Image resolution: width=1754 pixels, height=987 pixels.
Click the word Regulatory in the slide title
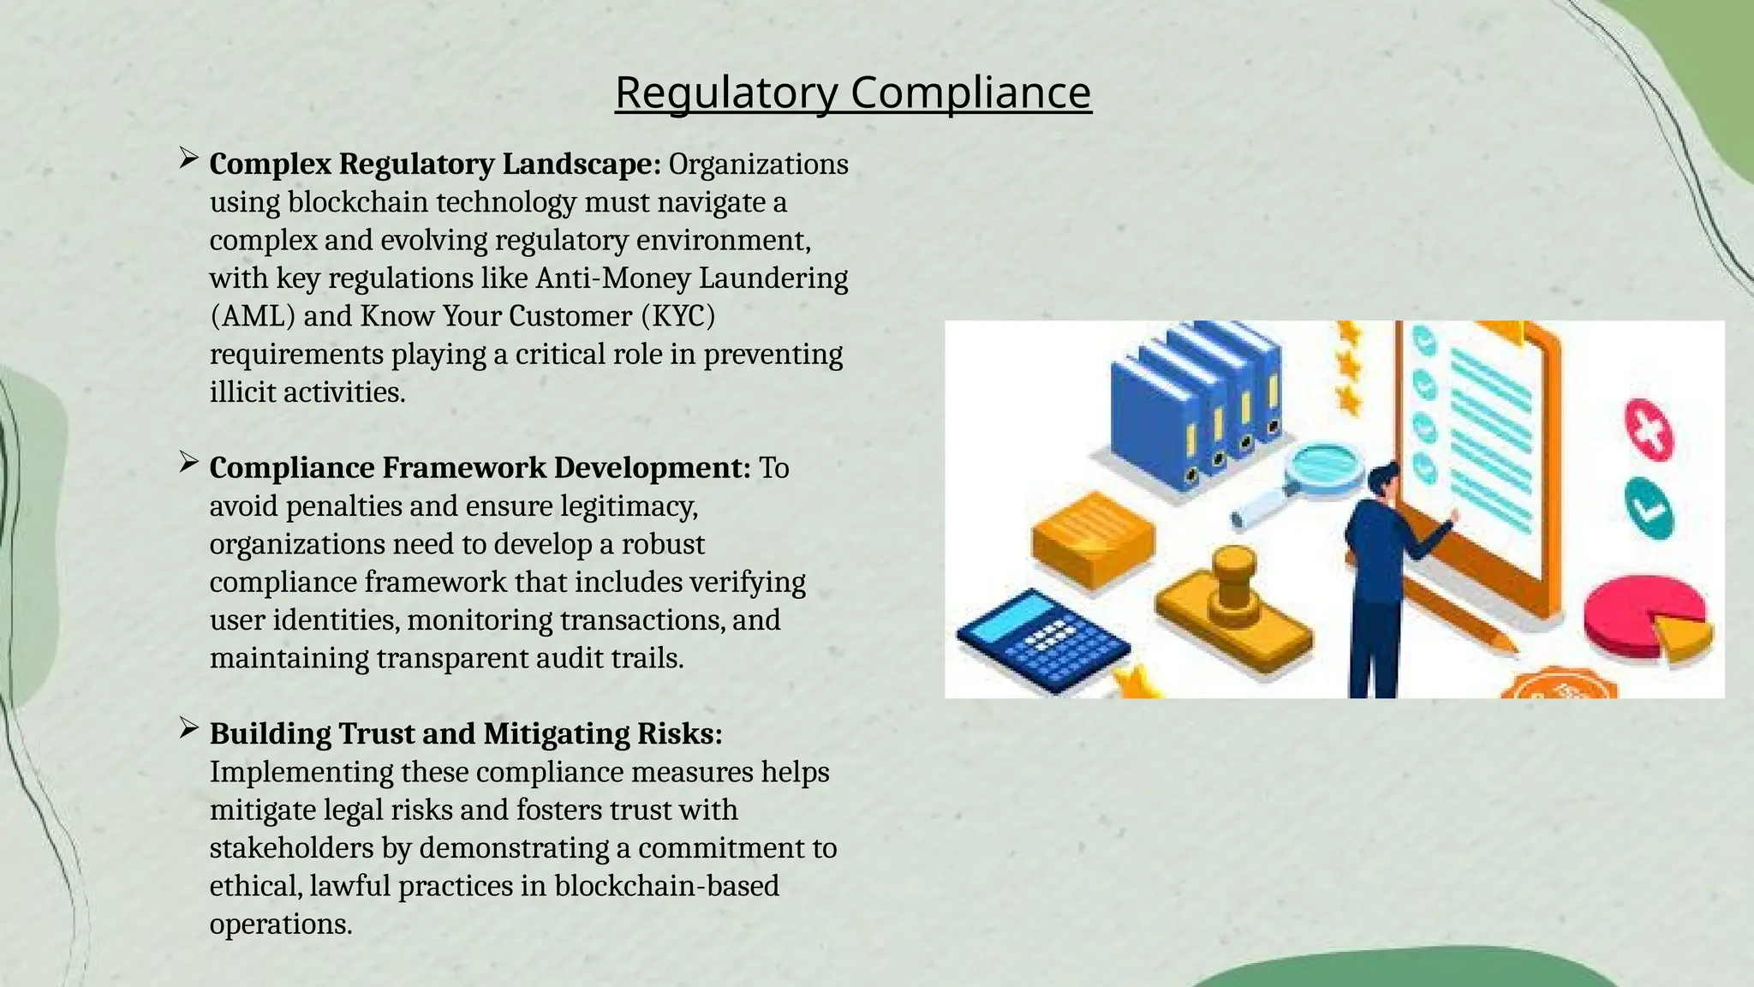tap(726, 93)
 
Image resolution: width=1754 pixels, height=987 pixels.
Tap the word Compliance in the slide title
tap(970, 93)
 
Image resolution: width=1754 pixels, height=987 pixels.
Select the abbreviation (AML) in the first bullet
tap(253, 316)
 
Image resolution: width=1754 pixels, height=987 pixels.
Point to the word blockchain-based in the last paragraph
tap(666, 886)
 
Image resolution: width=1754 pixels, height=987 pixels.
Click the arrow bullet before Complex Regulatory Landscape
tap(188, 159)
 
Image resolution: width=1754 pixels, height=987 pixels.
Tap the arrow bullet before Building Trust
tap(188, 729)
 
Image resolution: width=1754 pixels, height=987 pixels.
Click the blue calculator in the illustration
tap(1041, 638)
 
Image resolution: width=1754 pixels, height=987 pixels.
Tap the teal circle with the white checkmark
tap(1649, 508)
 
